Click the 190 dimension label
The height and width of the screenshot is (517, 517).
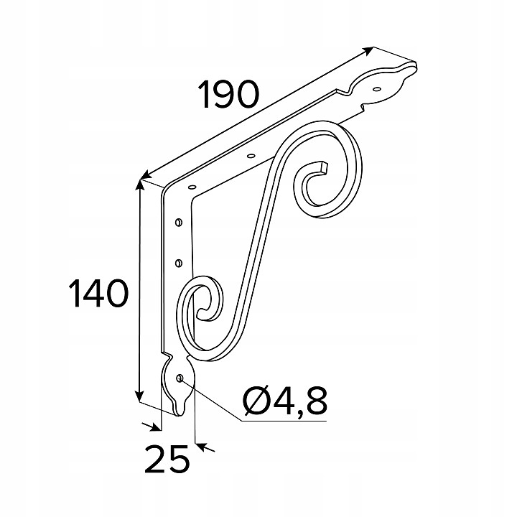tap(229, 94)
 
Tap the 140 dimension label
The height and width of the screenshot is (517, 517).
tap(98, 293)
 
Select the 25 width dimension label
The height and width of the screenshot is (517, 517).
tap(167, 459)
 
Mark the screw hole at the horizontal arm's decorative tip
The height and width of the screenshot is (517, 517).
tap(376, 88)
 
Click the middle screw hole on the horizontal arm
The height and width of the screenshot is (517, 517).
tap(251, 155)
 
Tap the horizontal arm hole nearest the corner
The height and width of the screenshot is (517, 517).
tap(192, 187)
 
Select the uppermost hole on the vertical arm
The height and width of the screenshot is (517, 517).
tap(178, 222)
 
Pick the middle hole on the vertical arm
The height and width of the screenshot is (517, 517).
tap(178, 263)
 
